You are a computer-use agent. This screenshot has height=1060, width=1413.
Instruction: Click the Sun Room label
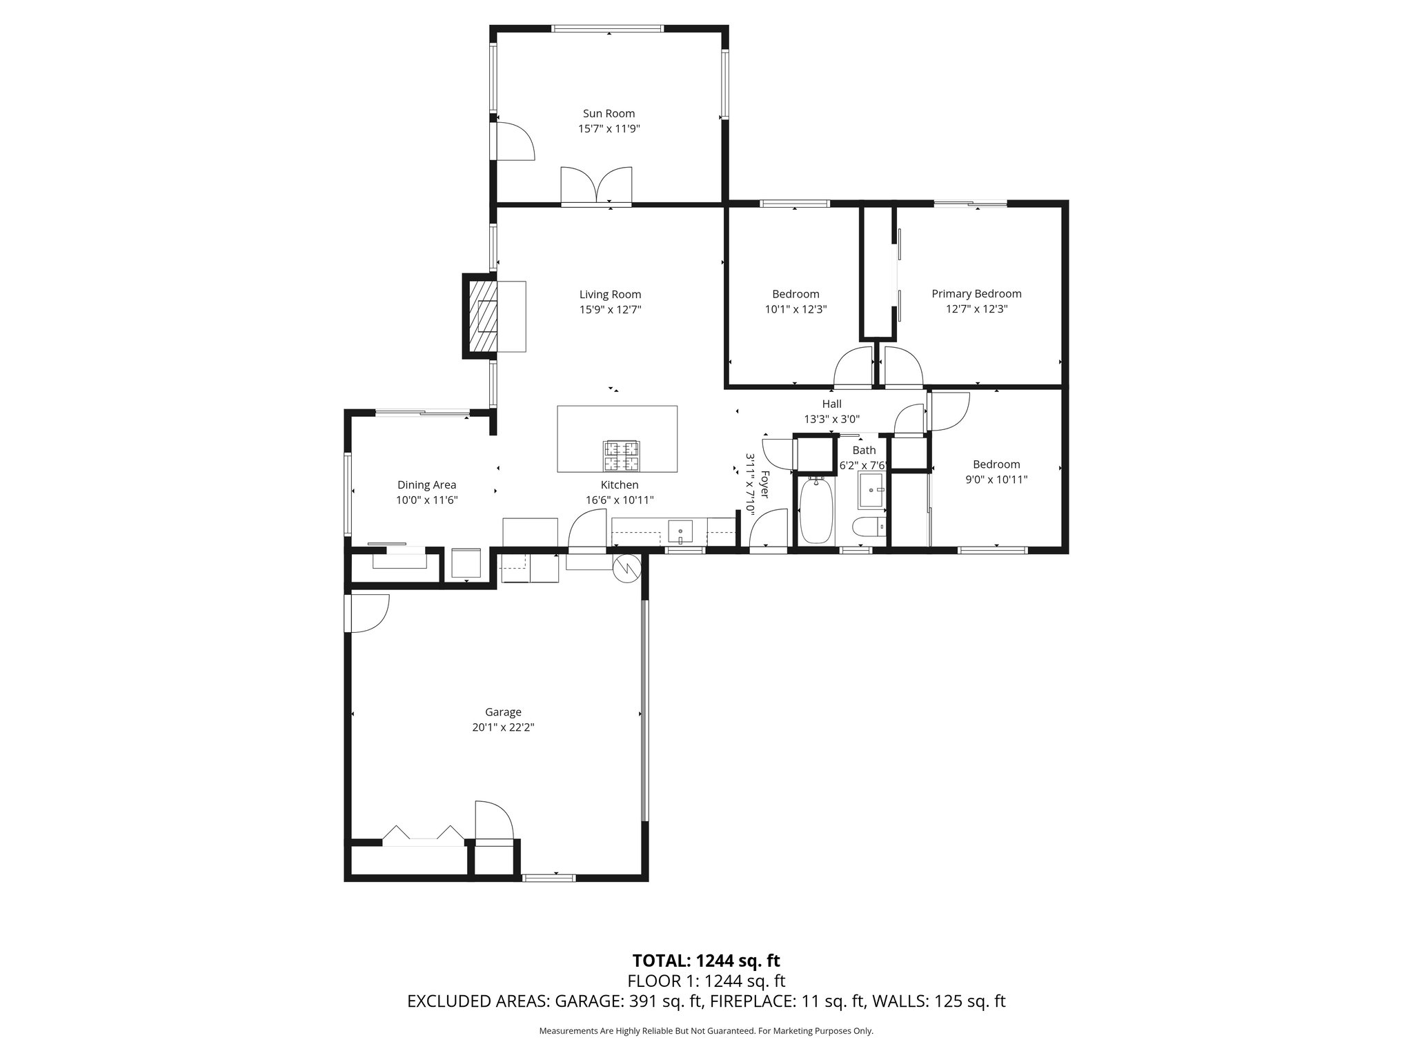click(609, 114)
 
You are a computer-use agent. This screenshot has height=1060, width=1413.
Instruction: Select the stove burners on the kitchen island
click(621, 455)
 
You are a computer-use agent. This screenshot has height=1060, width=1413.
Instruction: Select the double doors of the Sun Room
click(597, 186)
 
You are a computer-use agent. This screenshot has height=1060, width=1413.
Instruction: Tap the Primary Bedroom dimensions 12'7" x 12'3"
click(976, 309)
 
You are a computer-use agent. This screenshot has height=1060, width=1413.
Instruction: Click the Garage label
click(503, 712)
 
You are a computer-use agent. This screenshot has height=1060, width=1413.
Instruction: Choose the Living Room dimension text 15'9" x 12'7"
click(610, 310)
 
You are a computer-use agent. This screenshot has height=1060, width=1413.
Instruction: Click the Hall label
click(831, 404)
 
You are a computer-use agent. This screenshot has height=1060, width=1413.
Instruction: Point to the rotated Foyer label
click(764, 484)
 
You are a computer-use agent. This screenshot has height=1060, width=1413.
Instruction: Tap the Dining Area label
click(426, 485)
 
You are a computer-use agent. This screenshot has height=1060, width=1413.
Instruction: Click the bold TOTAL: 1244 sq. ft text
click(706, 961)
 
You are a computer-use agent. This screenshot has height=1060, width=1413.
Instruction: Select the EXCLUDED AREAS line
click(706, 1001)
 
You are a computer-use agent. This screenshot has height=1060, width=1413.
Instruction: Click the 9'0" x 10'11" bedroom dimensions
click(996, 480)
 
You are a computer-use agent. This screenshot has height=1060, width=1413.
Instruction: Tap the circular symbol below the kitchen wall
click(626, 568)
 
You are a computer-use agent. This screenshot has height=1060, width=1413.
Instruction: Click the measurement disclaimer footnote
click(706, 1031)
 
